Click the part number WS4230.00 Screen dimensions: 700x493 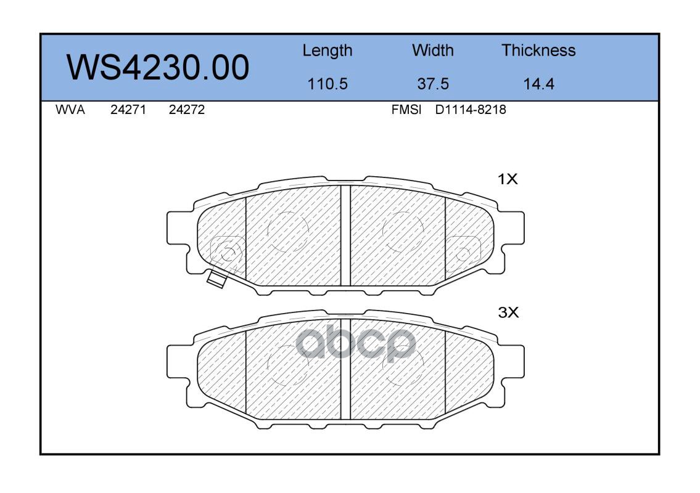[x=158, y=67]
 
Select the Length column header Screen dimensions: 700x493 [x=327, y=51]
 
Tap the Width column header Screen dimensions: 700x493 [x=432, y=50]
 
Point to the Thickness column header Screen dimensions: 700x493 [x=538, y=50]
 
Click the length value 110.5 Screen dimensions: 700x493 [x=327, y=84]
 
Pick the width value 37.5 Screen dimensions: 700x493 [x=432, y=84]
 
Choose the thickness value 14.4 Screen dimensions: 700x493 [x=538, y=84]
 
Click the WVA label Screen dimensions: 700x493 [x=70, y=110]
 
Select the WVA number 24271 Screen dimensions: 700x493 [x=128, y=110]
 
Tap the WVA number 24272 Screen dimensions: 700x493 [x=187, y=110]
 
